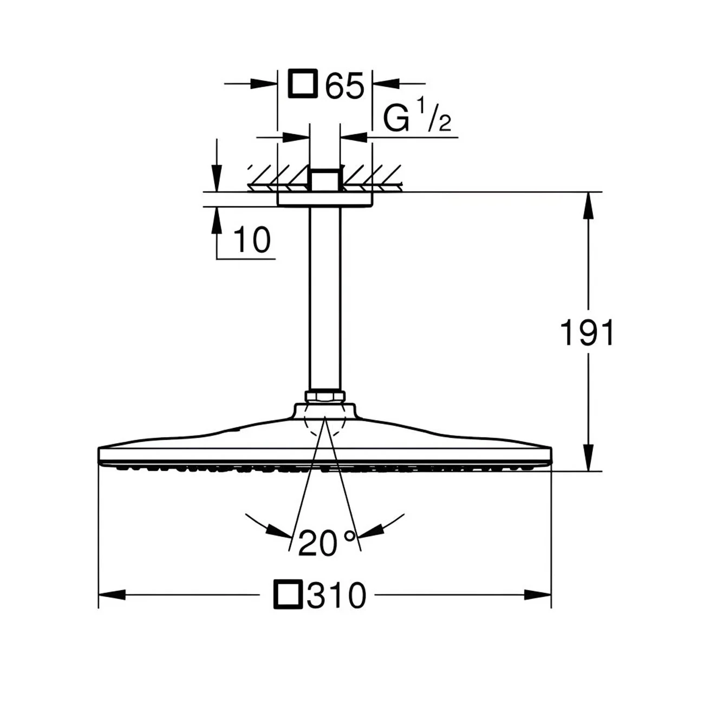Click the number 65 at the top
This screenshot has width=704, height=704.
pyautogui.click(x=344, y=85)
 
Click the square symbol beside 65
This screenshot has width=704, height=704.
pyautogui.click(x=302, y=83)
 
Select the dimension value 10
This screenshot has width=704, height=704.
pyautogui.click(x=252, y=239)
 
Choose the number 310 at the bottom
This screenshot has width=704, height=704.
pyautogui.click(x=336, y=596)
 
